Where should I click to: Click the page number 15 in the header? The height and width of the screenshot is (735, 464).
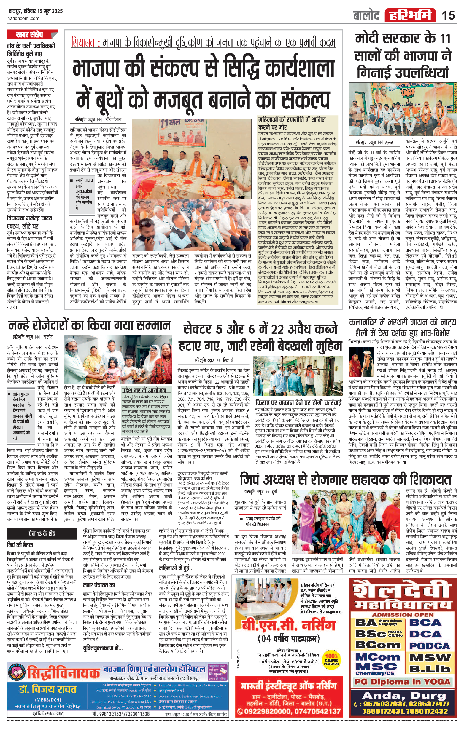[x=448, y=15]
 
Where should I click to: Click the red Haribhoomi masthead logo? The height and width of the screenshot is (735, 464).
[x=410, y=15]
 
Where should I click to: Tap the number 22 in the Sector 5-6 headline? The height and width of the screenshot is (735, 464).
[x=278, y=329]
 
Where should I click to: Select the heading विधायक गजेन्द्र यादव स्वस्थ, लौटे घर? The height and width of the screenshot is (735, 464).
[x=29, y=222]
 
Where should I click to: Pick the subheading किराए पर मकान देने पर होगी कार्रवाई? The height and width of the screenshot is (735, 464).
[x=298, y=402]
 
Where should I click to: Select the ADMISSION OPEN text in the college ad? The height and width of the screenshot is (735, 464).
[x=403, y=615]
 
